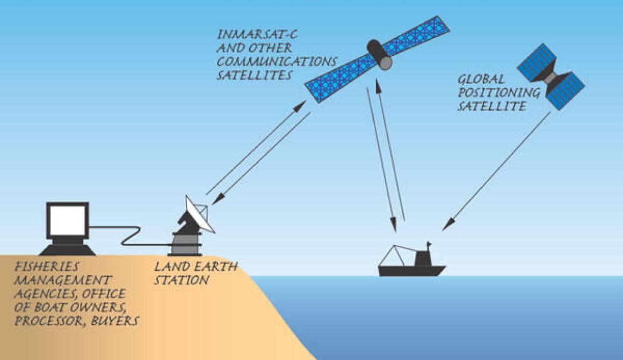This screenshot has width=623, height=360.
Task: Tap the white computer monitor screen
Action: [68, 221]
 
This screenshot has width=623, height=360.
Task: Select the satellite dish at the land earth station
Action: [199, 215]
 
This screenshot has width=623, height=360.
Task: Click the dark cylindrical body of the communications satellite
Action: [380, 54]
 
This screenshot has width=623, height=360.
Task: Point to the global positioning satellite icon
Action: [550, 77]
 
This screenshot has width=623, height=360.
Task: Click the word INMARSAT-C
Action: [257, 34]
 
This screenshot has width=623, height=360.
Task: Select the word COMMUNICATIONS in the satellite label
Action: [277, 62]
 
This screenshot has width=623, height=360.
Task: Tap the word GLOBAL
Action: [482, 79]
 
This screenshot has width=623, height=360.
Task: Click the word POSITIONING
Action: [499, 92]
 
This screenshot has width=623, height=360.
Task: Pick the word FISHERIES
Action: [47, 267]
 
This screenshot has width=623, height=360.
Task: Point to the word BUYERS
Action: [115, 321]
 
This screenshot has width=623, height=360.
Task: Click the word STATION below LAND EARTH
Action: [181, 280]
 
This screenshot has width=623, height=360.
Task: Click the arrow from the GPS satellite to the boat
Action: [496, 171]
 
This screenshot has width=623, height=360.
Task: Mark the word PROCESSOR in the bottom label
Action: [49, 321]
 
